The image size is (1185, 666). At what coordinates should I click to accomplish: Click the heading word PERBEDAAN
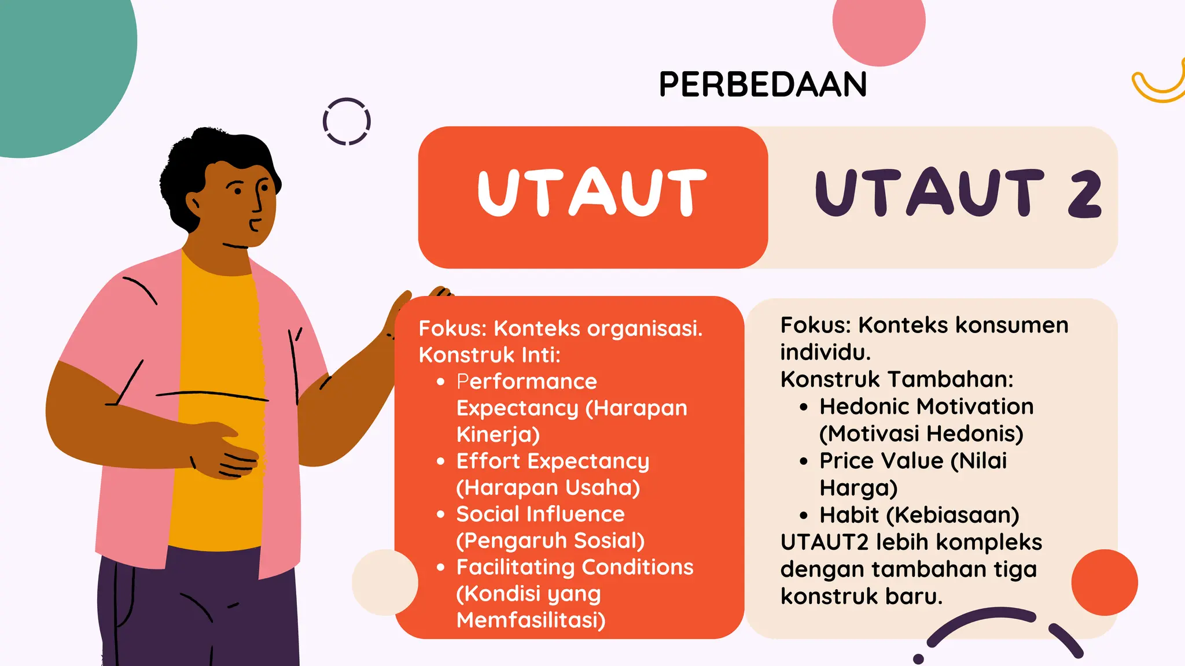coord(763,84)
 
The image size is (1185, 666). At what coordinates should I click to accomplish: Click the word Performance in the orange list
coord(527,382)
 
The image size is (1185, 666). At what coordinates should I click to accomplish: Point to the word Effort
coord(488,461)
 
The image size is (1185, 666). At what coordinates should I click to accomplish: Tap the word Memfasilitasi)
coord(531,620)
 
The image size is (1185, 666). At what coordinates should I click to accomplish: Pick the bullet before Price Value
coord(803,461)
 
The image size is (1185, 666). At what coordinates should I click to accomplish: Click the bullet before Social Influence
coord(441,514)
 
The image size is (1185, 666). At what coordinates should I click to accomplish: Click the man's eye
coord(264,187)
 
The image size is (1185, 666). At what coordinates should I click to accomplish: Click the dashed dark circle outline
coord(347,121)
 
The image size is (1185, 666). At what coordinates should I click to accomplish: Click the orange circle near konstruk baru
coord(1104,582)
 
